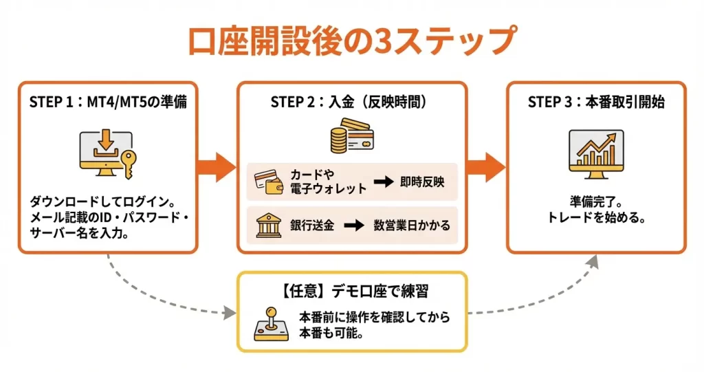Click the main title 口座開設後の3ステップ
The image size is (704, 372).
pos(351,40)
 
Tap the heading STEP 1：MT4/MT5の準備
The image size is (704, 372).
pos(108,102)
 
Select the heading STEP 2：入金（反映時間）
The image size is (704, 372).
pos(351,102)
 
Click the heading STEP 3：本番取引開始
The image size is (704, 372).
pos(595,102)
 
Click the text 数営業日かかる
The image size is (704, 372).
pos(412,226)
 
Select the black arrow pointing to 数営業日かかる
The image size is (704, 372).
pos(353,226)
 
